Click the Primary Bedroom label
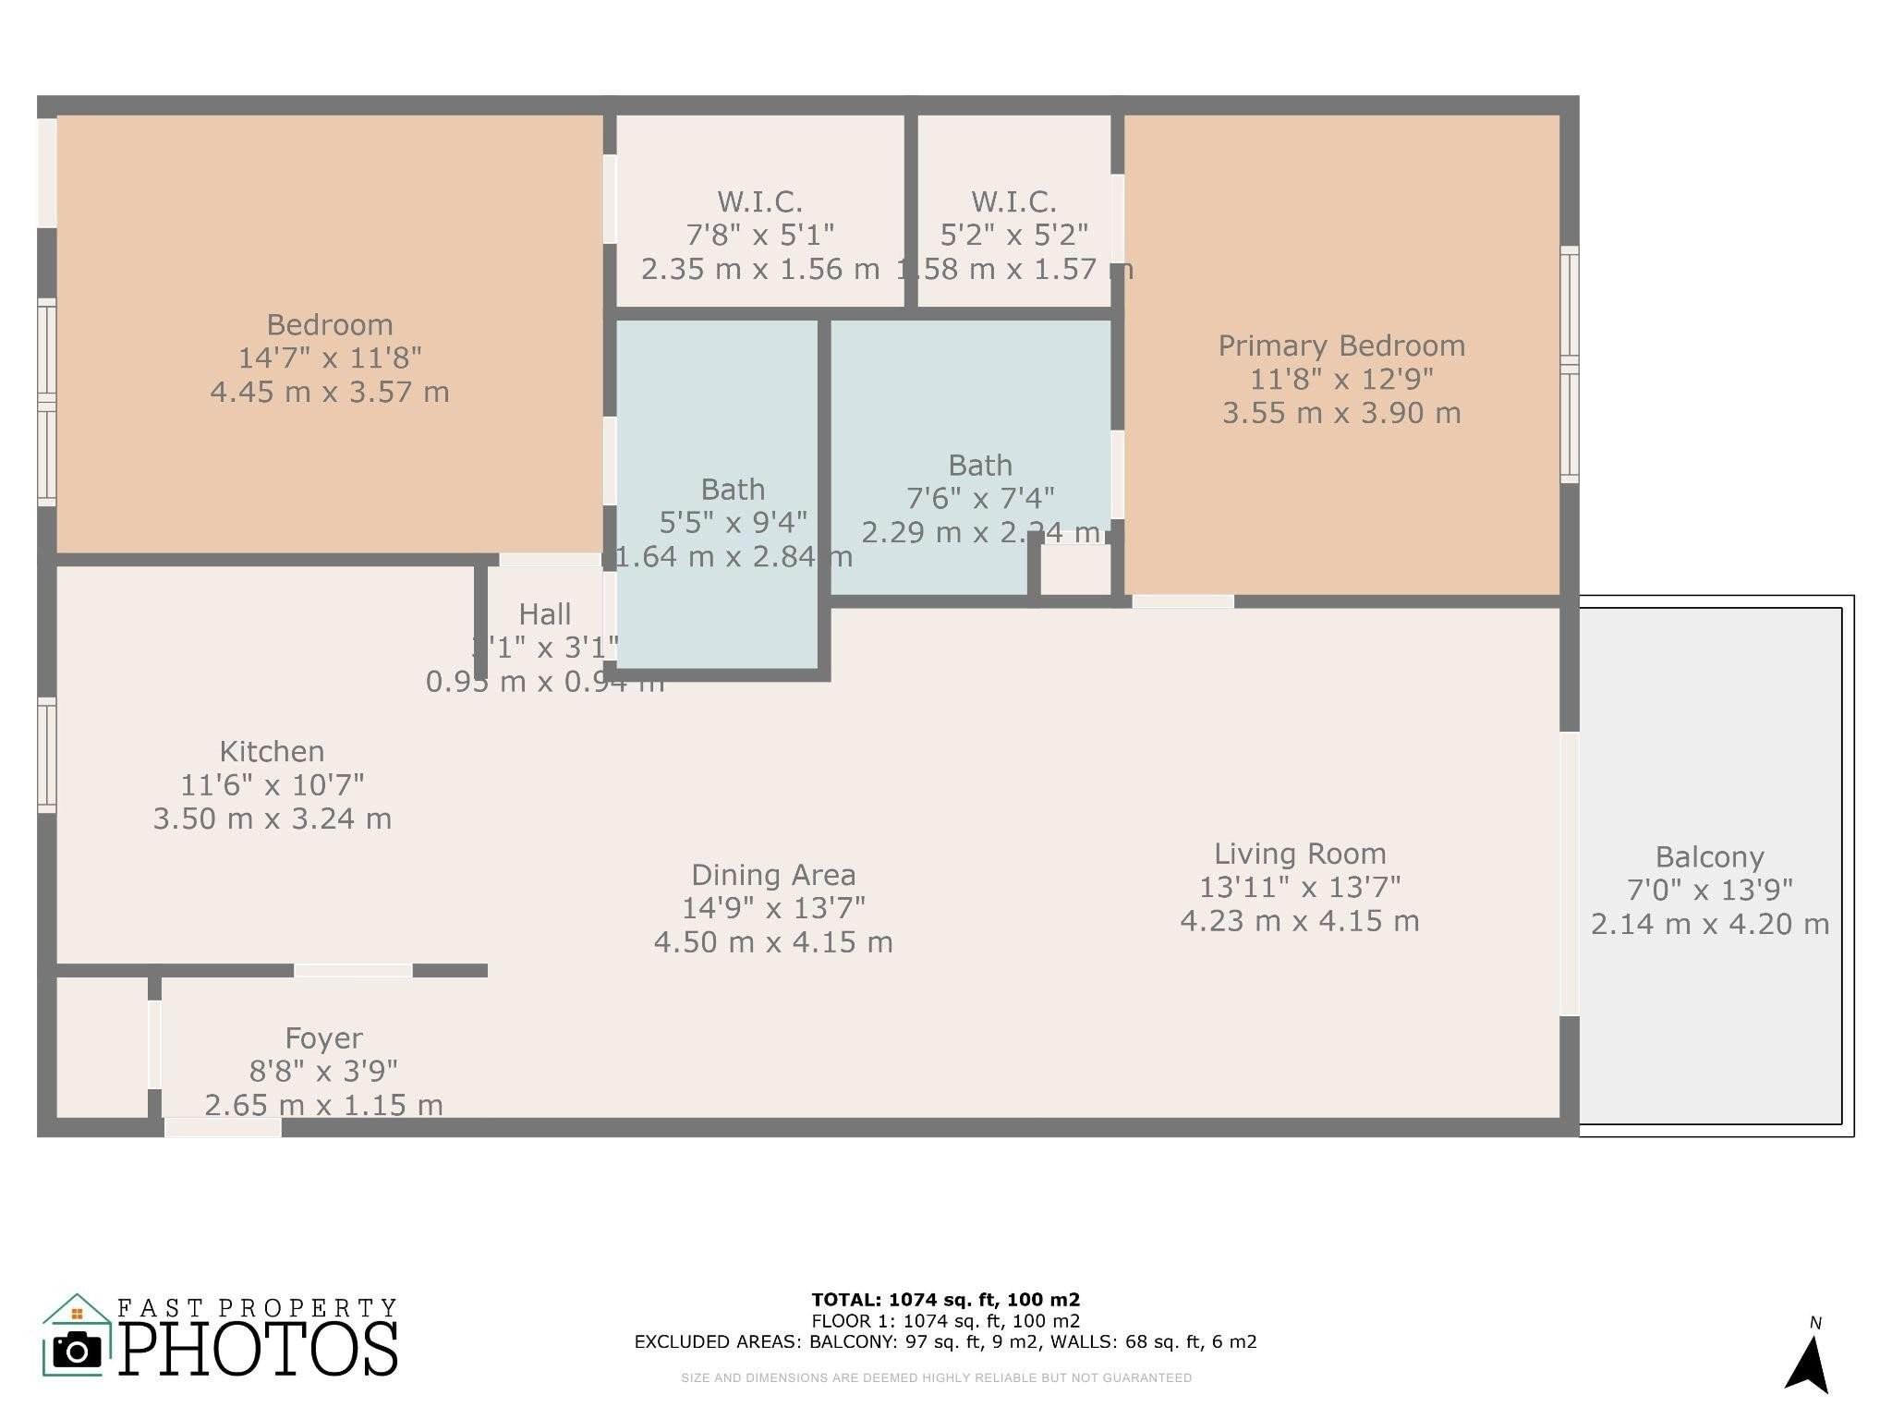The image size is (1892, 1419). tap(1341, 346)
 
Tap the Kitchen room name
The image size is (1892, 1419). tap(272, 751)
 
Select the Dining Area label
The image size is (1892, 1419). tap(773, 875)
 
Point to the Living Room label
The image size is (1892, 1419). tap(1300, 854)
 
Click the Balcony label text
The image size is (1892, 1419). tap(1709, 857)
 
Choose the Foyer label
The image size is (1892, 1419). tap(323, 1038)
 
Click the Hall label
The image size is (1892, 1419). tap(544, 614)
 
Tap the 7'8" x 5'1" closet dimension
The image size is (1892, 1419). tap(759, 236)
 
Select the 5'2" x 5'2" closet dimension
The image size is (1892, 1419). tap(1013, 236)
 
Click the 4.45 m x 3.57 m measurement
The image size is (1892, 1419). tap(330, 393)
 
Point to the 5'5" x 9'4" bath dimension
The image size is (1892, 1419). tap(733, 523)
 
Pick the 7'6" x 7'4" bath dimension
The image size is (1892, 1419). tap(980, 499)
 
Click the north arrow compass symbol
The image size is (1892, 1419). tap(1808, 1363)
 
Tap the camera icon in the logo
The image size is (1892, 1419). tap(77, 1351)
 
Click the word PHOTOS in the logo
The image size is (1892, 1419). tap(259, 1349)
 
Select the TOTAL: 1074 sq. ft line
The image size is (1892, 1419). tap(945, 1300)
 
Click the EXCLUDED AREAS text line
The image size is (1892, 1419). tap(945, 1342)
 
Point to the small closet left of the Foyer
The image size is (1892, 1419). tap(102, 1047)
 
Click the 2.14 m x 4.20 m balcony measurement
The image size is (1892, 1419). tap(1709, 925)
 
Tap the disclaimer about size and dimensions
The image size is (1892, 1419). tap(936, 1377)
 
